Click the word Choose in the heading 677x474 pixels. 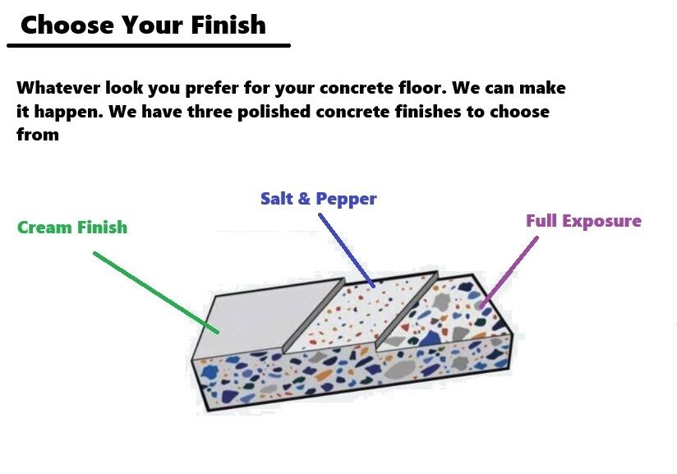point(67,25)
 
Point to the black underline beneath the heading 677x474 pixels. point(148,45)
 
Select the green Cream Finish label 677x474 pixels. point(72,228)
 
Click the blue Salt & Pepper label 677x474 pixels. point(319,199)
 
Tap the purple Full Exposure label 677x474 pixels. point(583,221)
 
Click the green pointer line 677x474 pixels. point(156,292)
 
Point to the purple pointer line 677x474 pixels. point(509,271)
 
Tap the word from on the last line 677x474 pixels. point(37,134)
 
